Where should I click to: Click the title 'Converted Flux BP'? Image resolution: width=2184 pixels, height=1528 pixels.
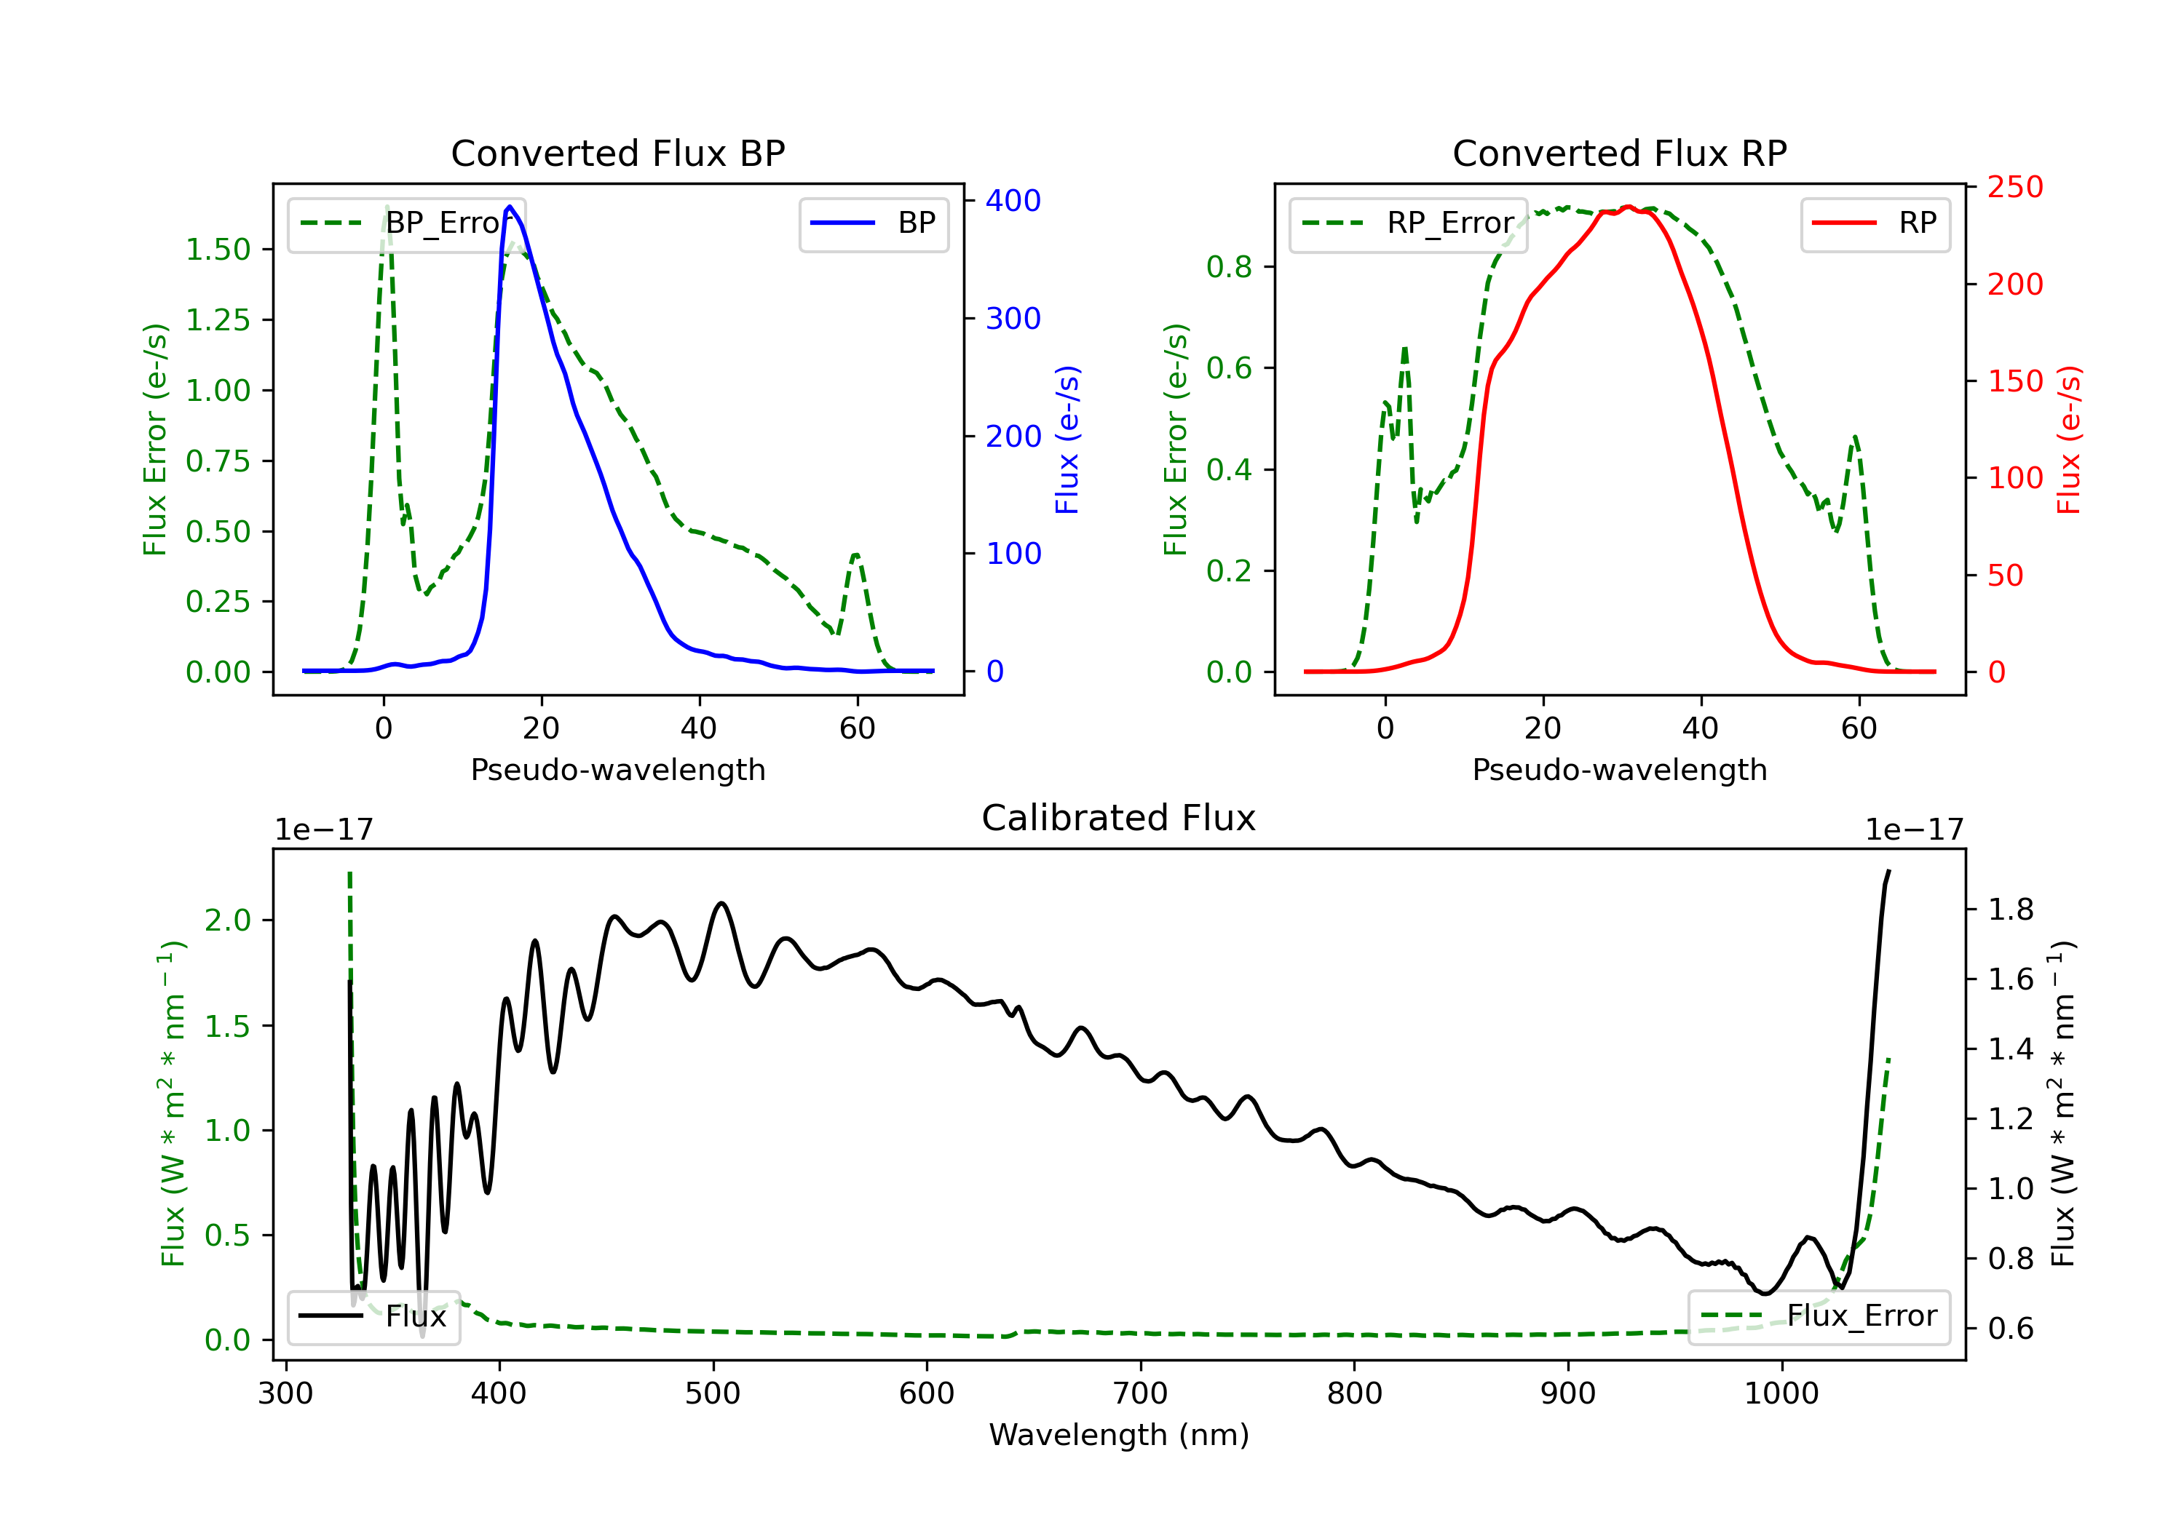pyautogui.click(x=617, y=153)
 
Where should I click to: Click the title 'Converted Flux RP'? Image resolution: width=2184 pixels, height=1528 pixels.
pyautogui.click(x=1619, y=153)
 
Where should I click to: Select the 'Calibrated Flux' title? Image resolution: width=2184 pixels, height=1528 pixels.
pyautogui.click(x=1119, y=818)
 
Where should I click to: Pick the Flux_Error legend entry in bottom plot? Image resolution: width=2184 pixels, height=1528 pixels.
pyautogui.click(x=1819, y=1316)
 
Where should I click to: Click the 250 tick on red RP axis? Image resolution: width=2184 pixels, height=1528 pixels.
pyautogui.click(x=2014, y=187)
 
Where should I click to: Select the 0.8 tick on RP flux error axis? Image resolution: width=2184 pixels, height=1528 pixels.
pyautogui.click(x=1229, y=267)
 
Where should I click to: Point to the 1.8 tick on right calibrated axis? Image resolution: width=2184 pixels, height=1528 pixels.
pyautogui.click(x=2011, y=910)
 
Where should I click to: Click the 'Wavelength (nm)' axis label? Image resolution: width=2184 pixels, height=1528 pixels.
pyautogui.click(x=1119, y=1435)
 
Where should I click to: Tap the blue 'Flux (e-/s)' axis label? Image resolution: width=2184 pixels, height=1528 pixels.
pyautogui.click(x=1068, y=439)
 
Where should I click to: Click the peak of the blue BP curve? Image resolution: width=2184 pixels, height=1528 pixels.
pyautogui.click(x=510, y=207)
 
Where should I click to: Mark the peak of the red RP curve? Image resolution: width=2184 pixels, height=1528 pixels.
pyautogui.click(x=1629, y=207)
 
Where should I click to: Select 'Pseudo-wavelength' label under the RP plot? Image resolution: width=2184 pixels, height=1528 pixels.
pyautogui.click(x=1619, y=769)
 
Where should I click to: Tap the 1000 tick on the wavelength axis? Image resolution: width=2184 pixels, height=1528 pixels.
pyautogui.click(x=1781, y=1394)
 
